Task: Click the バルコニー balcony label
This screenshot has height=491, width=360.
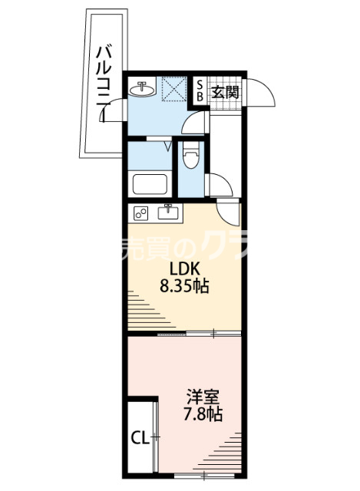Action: tap(102, 84)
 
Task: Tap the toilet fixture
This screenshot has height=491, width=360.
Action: tap(190, 160)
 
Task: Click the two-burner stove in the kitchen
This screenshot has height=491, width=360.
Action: tap(142, 213)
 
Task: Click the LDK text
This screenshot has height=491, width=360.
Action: tap(184, 271)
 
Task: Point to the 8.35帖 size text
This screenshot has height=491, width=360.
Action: tap(184, 288)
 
